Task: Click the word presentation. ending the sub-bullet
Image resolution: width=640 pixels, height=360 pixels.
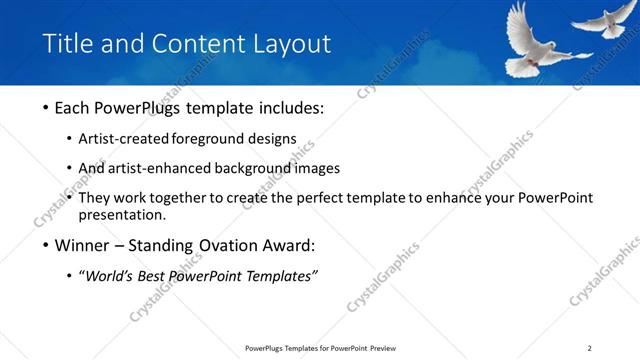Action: pyautogui.click(x=123, y=214)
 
